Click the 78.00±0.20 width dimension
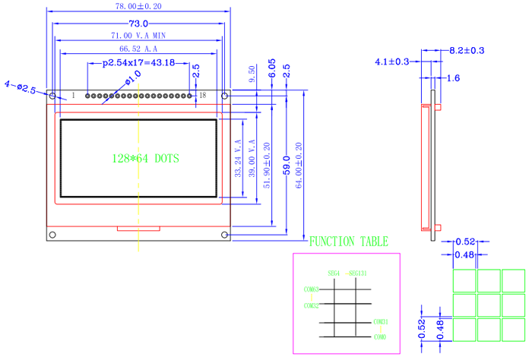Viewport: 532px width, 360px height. (138, 6)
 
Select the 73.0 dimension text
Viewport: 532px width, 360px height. (138, 24)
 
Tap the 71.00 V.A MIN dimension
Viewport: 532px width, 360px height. (138, 36)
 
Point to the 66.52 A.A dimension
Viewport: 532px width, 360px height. (138, 49)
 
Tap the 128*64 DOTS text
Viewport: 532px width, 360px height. (144, 158)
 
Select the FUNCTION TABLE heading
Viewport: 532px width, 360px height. (349, 242)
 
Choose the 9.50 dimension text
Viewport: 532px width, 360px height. (252, 74)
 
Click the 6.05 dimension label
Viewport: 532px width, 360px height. (271, 71)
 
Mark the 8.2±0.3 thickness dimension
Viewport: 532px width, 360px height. (467, 51)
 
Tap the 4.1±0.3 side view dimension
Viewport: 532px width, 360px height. (392, 62)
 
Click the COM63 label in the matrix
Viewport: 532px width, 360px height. (311, 289)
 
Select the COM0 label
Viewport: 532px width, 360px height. (380, 336)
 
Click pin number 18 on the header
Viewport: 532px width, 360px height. (202, 96)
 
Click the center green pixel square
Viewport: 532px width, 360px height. (489, 305)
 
